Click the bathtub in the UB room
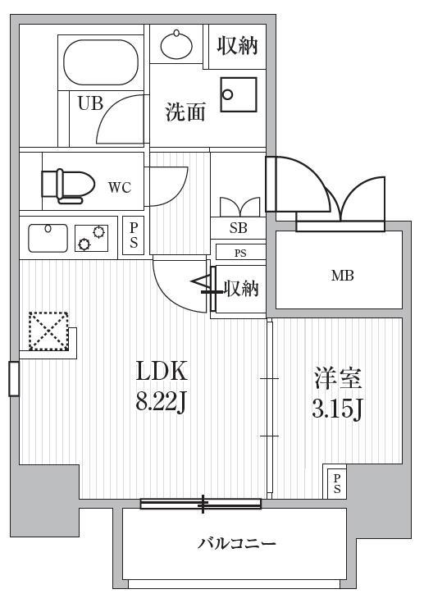click(x=101, y=62)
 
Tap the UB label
click(x=90, y=103)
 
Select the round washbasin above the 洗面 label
click(x=176, y=45)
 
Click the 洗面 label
click(x=185, y=112)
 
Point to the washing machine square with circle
click(x=239, y=94)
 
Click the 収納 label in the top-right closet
click(x=237, y=46)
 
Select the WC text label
click(x=120, y=188)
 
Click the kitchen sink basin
click(x=48, y=238)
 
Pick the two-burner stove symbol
click(x=92, y=238)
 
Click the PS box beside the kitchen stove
click(x=133, y=235)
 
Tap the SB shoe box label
click(x=239, y=228)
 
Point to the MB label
click(x=342, y=276)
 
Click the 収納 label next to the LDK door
click(x=241, y=288)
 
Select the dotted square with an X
click(x=49, y=331)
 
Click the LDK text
click(x=162, y=371)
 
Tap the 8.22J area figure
click(x=161, y=403)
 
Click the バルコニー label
click(x=237, y=543)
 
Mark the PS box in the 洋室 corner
click(x=337, y=483)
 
